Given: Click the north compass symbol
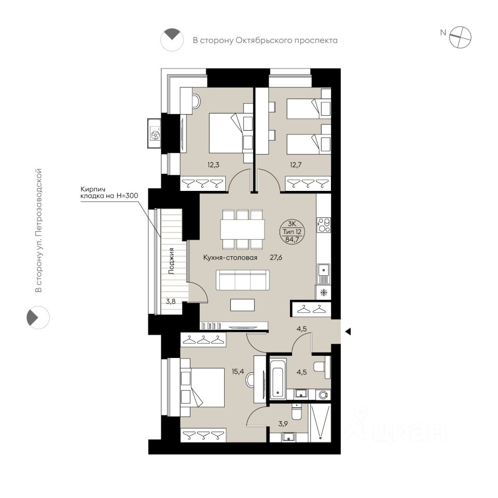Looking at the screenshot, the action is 460,37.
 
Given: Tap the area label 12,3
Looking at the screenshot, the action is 213,165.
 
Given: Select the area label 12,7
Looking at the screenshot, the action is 296,165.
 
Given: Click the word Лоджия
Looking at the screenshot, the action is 172,261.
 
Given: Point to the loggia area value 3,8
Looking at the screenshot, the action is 171,301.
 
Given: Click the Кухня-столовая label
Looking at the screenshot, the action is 230,258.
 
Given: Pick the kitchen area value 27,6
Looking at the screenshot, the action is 276,258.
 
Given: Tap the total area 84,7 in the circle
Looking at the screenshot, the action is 292,240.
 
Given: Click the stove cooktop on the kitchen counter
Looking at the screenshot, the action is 324,225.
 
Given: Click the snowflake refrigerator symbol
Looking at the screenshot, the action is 324,293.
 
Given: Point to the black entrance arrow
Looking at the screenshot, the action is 348,331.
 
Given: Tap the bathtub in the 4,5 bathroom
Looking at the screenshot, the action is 278,379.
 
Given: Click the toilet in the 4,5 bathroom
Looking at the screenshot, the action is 322,367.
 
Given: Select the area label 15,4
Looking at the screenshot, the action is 238,371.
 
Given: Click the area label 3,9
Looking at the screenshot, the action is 283,424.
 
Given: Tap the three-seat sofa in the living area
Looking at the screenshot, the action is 243,280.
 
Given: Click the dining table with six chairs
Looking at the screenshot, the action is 243,229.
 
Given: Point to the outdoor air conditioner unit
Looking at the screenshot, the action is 155,133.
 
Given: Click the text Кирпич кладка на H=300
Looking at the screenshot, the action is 109,192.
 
